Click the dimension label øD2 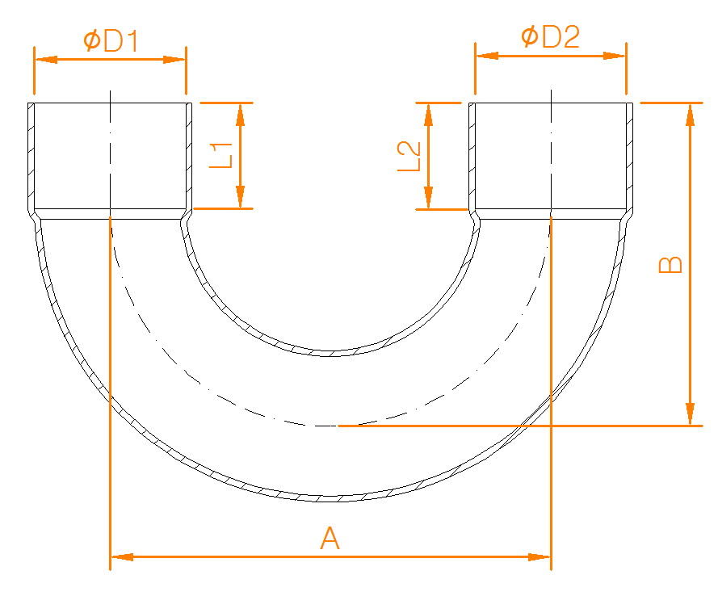[x=550, y=37]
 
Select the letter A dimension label [x=330, y=539]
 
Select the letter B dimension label [x=670, y=266]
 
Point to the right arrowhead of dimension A [x=539, y=556]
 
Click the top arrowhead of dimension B [x=689, y=114]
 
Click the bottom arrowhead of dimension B [x=689, y=414]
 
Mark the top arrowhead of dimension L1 [x=240, y=114]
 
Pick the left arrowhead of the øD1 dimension [x=45, y=60]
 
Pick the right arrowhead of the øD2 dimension [x=615, y=56]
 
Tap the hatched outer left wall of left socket [x=31, y=157]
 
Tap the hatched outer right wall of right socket [x=629, y=157]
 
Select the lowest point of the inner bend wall [x=330, y=353]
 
